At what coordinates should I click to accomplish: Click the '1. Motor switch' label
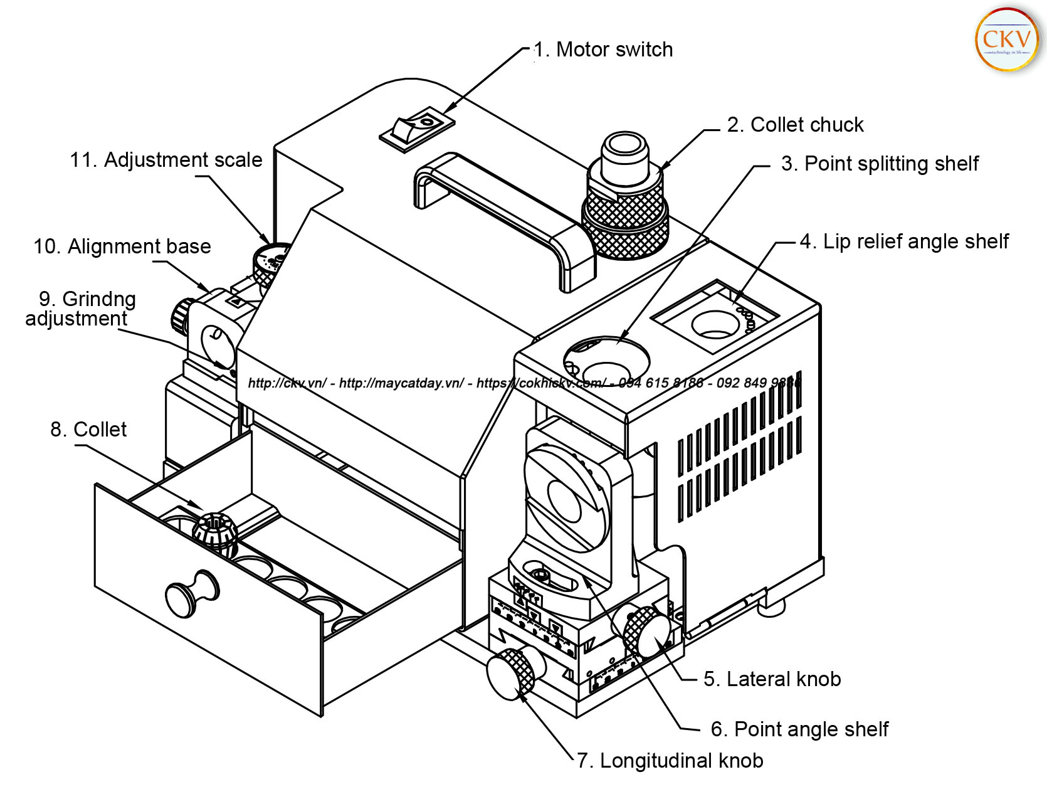pyautogui.click(x=603, y=50)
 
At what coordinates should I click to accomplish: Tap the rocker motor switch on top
pyautogui.click(x=416, y=128)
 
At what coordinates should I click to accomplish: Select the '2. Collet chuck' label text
pyautogui.click(x=795, y=125)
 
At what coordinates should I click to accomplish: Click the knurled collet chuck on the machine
pyautogui.click(x=625, y=213)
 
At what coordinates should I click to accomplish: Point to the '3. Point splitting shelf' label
pyautogui.click(x=879, y=164)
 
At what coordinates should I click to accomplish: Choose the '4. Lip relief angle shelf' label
pyautogui.click(x=904, y=241)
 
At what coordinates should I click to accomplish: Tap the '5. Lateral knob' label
pyautogui.click(x=772, y=679)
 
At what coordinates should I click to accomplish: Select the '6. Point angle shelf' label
pyautogui.click(x=799, y=729)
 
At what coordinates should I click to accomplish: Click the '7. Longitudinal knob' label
pyautogui.click(x=670, y=761)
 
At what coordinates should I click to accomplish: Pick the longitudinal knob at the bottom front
pyautogui.click(x=510, y=675)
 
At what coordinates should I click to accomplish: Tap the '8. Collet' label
pyautogui.click(x=88, y=430)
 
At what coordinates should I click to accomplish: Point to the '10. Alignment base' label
pyautogui.click(x=122, y=246)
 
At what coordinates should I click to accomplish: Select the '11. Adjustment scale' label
pyautogui.click(x=166, y=160)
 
